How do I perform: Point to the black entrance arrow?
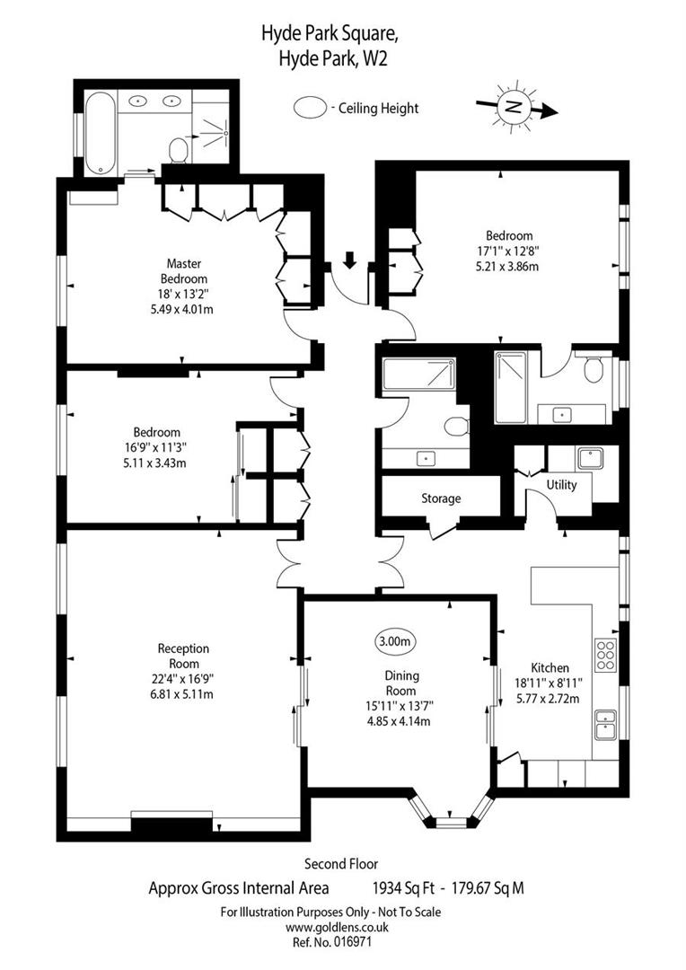click(x=350, y=260)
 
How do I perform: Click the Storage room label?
click(x=441, y=498)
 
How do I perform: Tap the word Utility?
click(x=562, y=485)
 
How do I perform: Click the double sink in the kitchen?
click(x=605, y=724)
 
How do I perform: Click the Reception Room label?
click(x=183, y=648)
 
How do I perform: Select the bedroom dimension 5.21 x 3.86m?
click(x=504, y=266)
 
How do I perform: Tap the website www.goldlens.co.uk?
click(x=330, y=927)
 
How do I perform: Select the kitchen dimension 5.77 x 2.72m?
click(x=550, y=698)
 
